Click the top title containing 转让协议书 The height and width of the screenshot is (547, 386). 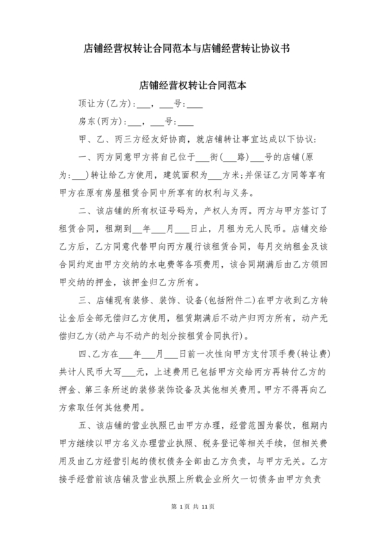(193, 49)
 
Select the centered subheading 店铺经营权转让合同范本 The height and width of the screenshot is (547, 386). (193, 86)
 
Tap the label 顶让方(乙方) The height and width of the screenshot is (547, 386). (104, 105)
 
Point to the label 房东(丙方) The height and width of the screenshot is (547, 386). (101, 123)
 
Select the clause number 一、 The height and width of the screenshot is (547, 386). (86, 158)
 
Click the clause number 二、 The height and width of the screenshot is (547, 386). (86, 211)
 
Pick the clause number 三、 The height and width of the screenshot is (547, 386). (86, 300)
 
